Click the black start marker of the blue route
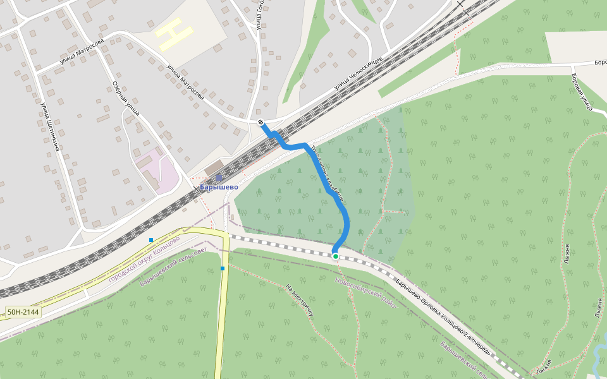click(261, 121)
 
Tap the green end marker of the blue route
click(336, 256)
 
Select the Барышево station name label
click(219, 187)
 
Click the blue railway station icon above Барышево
click(219, 178)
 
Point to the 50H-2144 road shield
click(23, 312)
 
